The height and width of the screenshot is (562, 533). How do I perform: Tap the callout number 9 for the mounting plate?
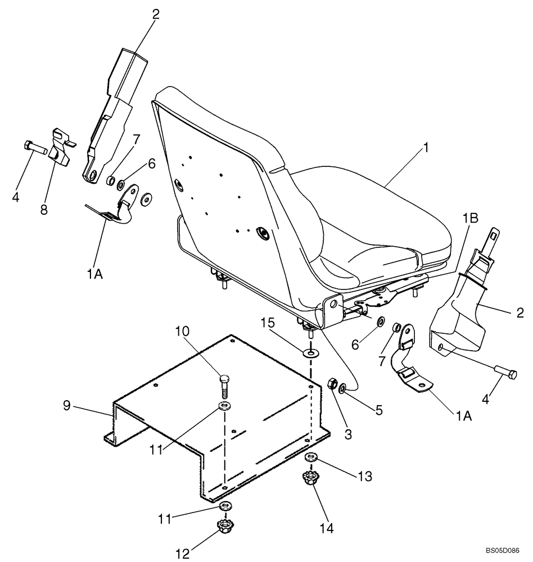point(67,405)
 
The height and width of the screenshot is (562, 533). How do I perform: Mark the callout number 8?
point(43,210)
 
